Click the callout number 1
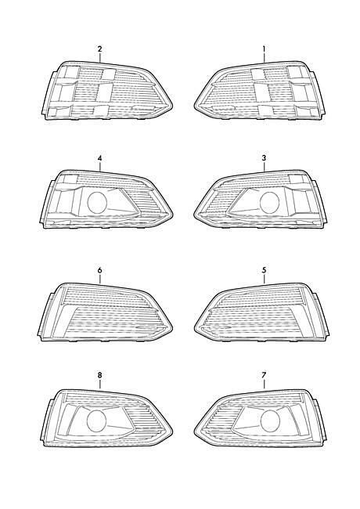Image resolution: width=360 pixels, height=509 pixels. pyautogui.click(x=264, y=49)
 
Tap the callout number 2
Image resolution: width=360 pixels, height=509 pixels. pyautogui.click(x=99, y=49)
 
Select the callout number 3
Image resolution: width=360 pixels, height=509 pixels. pyautogui.click(x=264, y=158)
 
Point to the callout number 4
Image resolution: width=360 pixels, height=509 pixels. pyautogui.click(x=99, y=158)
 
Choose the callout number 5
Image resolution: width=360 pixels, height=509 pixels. pyautogui.click(x=264, y=269)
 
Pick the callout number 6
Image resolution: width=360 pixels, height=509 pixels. pyautogui.click(x=99, y=269)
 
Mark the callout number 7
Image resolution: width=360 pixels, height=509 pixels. pyautogui.click(x=264, y=375)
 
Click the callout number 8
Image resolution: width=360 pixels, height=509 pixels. pyautogui.click(x=99, y=375)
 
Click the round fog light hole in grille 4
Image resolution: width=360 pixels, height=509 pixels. pyautogui.click(x=97, y=203)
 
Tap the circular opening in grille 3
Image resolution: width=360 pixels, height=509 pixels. pyautogui.click(x=270, y=203)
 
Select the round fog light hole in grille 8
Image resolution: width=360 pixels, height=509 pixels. pyautogui.click(x=97, y=421)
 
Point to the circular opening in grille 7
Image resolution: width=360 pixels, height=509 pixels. pyautogui.click(x=270, y=421)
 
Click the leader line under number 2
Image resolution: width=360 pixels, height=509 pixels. pyautogui.click(x=100, y=58)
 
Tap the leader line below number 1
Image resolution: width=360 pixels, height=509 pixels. pyautogui.click(x=264, y=58)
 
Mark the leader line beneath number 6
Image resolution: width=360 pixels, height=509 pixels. pyautogui.click(x=100, y=280)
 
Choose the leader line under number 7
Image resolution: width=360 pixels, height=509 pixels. pyautogui.click(x=264, y=384)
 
